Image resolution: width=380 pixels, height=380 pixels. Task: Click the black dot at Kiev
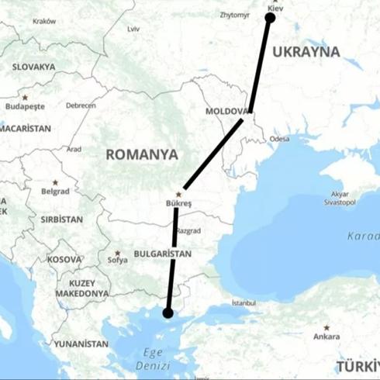point(270,17)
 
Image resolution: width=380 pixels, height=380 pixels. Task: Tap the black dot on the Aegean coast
point(166,313)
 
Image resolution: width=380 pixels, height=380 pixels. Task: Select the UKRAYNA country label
point(309,52)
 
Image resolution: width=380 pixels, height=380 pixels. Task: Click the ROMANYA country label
point(142,154)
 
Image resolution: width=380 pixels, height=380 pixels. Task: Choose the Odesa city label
point(280,139)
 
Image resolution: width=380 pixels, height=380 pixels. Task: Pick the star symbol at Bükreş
point(179,194)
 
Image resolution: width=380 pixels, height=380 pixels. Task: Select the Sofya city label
point(117,261)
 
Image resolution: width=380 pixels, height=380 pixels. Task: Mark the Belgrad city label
point(56,191)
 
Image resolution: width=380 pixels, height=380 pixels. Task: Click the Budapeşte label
point(26,106)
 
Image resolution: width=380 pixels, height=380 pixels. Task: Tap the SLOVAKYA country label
point(33,67)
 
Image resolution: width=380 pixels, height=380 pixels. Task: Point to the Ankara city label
point(326,337)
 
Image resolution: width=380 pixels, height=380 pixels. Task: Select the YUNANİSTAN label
point(81,343)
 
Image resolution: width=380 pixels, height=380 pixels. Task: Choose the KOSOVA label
point(64,259)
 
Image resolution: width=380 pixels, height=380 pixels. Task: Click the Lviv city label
point(133,29)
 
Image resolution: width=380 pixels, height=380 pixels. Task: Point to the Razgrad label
point(188,231)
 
